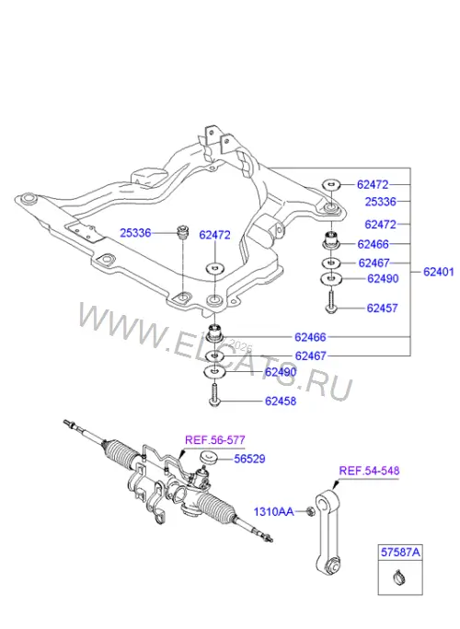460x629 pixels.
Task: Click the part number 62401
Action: [438, 272]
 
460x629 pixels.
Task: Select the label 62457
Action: [382, 309]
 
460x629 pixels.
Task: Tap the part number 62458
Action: [281, 401]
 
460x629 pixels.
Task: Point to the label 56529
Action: [249, 459]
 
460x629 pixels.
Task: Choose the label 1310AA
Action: [273, 512]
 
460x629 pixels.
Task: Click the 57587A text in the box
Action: [400, 553]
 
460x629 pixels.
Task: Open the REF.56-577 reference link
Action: [214, 440]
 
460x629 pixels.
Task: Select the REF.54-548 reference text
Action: [369, 471]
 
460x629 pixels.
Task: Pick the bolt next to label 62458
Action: [214, 395]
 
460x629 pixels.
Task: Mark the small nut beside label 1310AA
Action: [309, 511]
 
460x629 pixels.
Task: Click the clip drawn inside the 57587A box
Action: [400, 577]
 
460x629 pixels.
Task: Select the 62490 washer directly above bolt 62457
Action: [331, 278]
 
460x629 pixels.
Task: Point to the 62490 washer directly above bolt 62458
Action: [214, 372]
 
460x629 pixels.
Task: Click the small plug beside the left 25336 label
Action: [182, 232]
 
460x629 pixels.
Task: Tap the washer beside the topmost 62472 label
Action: [331, 184]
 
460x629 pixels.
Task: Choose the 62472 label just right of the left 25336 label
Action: [214, 235]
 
